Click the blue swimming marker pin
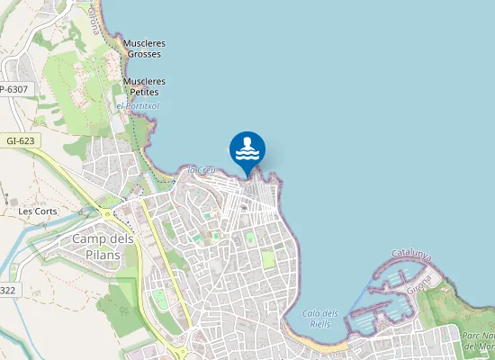tap(247, 150)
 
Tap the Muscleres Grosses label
tap(145, 49)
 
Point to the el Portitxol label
tap(138, 105)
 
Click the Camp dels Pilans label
tap(103, 247)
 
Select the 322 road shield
tap(7, 289)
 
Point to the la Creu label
tap(200, 169)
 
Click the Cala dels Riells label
tap(320, 319)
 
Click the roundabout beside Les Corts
tap(108, 214)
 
